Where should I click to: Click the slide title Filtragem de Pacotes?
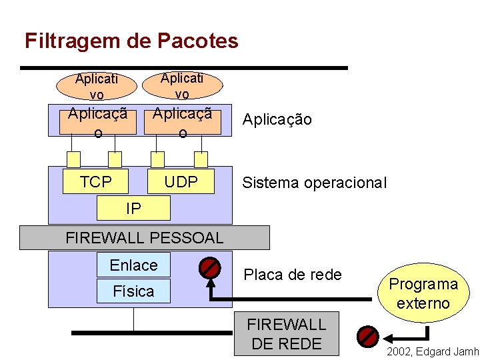pos(131,41)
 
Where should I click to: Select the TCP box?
pos(96,181)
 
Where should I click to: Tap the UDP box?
pos(181,181)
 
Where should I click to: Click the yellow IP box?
pos(133,209)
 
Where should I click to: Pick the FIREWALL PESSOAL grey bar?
pos(144,237)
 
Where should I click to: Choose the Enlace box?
pos(133,265)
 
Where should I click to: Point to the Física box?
pos(133,291)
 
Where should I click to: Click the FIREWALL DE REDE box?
pos(287,333)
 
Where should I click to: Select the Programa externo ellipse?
pos(423,293)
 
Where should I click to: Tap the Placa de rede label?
pos(293,275)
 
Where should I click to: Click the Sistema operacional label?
pos(314,183)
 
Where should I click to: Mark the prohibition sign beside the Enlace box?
pos(210,268)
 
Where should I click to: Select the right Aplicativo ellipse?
pos(182,85)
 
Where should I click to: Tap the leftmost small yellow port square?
pos(73,159)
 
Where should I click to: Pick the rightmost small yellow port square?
pos(200,159)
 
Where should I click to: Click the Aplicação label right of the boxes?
pos(277,120)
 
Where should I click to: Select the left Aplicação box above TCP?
pos(97,121)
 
